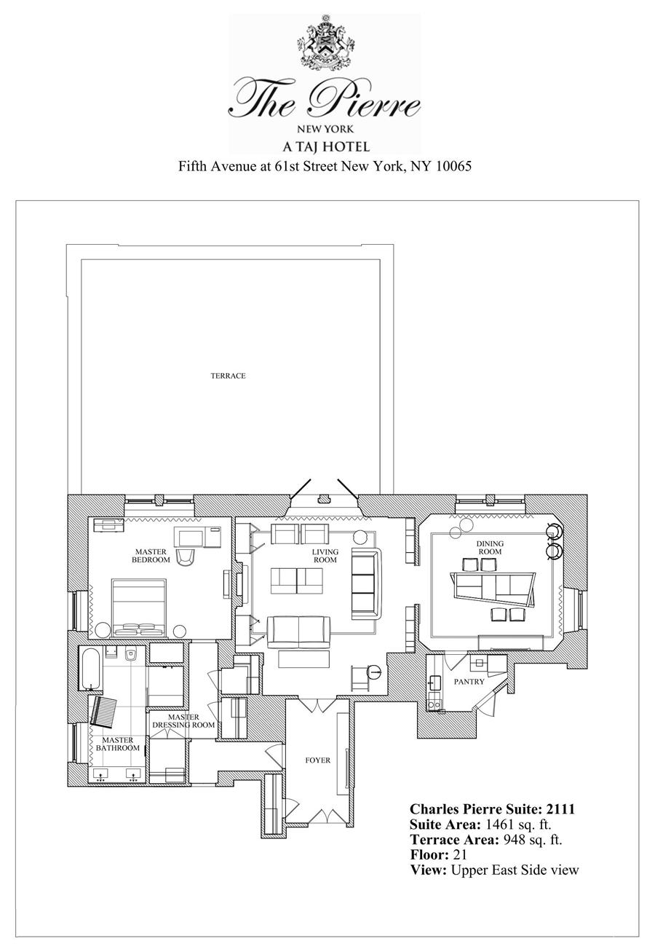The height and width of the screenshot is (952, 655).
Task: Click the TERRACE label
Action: coord(228,376)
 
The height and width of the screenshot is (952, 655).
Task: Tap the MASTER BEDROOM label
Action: coord(151,556)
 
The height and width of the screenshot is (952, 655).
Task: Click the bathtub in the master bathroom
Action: coord(91,668)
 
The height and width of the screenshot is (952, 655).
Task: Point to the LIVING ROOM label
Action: coord(325,556)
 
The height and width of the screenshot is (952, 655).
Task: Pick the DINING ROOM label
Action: coord(490,548)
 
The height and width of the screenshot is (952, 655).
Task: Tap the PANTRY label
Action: coord(469,682)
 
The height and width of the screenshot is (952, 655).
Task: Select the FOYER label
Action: coord(317,760)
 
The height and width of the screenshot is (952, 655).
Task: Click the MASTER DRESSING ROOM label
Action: coord(183,721)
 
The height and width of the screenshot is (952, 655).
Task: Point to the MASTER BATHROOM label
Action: coord(117,744)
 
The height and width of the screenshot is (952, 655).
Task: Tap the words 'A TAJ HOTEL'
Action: coord(325,146)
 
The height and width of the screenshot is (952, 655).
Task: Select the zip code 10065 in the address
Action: coord(453,166)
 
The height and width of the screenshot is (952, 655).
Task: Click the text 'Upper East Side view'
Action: coord(515,870)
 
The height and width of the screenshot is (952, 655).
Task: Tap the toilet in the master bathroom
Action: coord(132,654)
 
